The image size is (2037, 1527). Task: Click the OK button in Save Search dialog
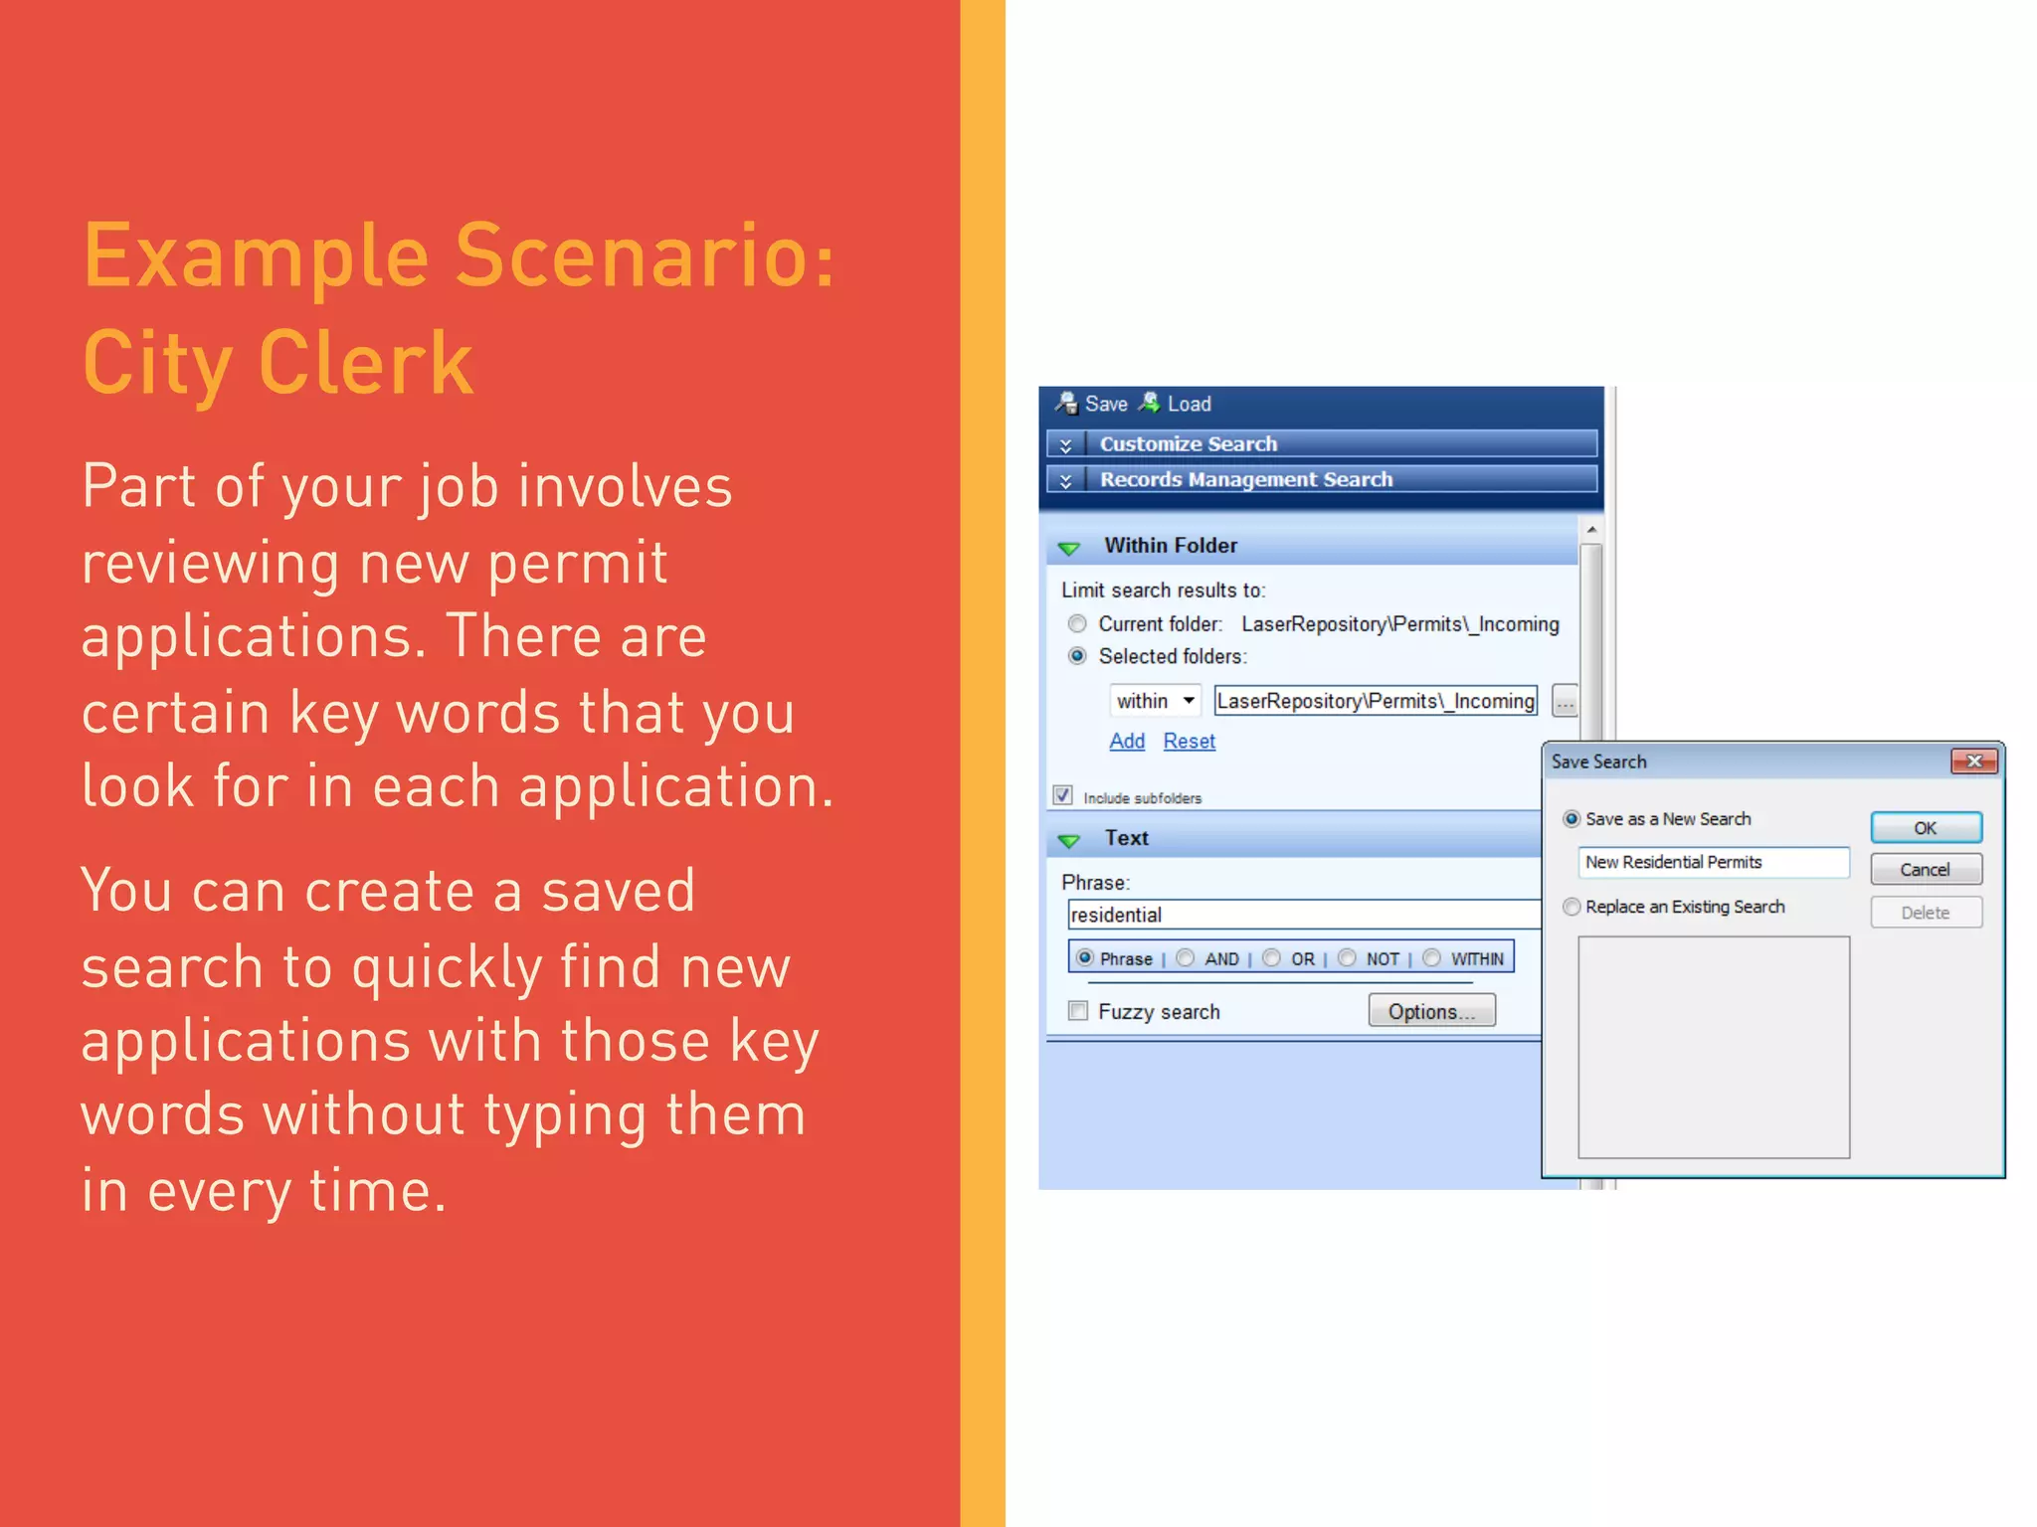[1925, 827]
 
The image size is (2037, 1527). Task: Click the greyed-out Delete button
[1925, 912]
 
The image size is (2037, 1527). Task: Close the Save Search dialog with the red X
[1974, 761]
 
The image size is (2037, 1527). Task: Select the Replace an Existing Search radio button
[1572, 907]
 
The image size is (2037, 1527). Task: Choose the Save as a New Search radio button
[1572, 819]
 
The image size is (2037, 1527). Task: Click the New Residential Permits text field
[1712, 862]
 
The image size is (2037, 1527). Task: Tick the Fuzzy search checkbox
[1077, 1011]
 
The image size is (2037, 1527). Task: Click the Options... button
[1430, 1011]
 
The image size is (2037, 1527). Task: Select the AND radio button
[1185, 958]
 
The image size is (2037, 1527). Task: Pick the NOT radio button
[1347, 958]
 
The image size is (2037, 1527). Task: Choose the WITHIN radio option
[1431, 958]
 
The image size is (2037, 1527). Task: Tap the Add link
[1127, 741]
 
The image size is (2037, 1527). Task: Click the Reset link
[1189, 741]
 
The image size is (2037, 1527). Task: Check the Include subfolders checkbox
[1063, 795]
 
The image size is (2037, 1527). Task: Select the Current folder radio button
[1077, 624]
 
